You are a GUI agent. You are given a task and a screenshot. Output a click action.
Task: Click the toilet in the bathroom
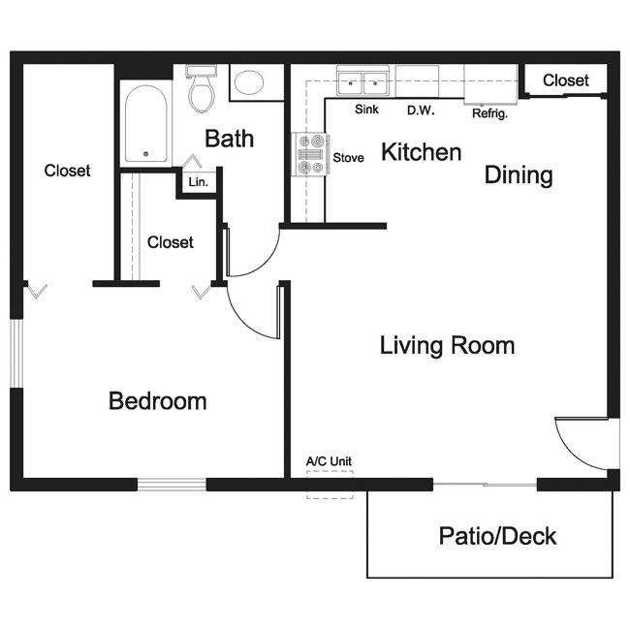coord(202,88)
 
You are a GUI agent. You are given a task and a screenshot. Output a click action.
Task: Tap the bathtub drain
coord(145,154)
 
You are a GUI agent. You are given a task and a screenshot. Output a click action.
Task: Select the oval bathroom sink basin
coord(249,82)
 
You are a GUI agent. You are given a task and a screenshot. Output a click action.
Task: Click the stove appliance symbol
coord(310,154)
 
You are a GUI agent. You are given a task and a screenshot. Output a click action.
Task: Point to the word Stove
coord(348,157)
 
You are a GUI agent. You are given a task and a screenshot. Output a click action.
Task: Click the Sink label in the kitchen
coord(366,109)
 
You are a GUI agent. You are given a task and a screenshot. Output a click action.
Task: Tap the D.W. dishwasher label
coord(421,110)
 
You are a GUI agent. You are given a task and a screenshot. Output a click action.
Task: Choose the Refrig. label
coord(489,113)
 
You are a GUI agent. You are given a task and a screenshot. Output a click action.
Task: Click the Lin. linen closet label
coord(199,182)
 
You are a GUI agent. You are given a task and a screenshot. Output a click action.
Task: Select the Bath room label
coord(230,139)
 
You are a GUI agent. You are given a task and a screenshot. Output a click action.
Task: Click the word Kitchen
coord(421,152)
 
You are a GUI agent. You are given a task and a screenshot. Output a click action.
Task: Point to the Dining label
coord(519,175)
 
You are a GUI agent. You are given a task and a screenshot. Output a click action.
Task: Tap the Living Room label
coord(447,346)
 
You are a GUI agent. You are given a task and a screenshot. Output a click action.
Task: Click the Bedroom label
coord(158,401)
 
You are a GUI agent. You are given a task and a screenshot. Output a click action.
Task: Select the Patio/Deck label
coord(497,536)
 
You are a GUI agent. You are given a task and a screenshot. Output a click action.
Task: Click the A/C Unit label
coord(329,461)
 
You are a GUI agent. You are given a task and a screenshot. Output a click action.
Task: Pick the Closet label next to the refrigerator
coord(566,80)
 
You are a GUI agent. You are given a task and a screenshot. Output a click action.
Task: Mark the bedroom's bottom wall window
coord(172,485)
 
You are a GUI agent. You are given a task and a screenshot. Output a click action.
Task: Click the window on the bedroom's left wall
coord(16,353)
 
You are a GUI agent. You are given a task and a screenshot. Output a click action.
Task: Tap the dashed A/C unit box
coord(330,485)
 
